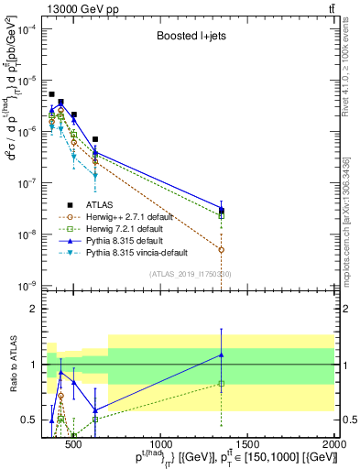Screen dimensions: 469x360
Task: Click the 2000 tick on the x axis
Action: pyautogui.click(x=334, y=444)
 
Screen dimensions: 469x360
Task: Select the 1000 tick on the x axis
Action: pyautogui.click(x=159, y=444)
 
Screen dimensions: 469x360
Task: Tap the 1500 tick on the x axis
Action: pyautogui.click(x=247, y=444)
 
